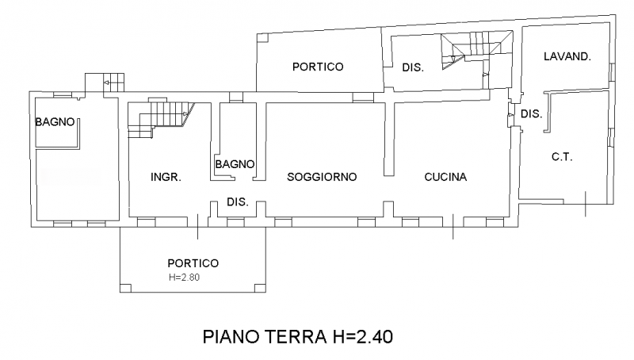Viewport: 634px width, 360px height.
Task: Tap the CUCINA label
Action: pyautogui.click(x=445, y=177)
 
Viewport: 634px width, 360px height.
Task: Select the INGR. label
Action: pyautogui.click(x=166, y=177)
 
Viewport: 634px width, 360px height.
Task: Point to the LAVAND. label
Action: pyautogui.click(x=567, y=56)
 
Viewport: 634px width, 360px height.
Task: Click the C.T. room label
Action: pyautogui.click(x=561, y=157)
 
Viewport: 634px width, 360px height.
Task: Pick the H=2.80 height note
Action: pyautogui.click(x=189, y=278)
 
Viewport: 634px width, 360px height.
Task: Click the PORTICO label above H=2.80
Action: pyautogui.click(x=193, y=263)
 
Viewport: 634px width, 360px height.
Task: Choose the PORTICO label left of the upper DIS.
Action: pyautogui.click(x=317, y=67)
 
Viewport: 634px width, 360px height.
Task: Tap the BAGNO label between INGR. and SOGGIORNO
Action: pyautogui.click(x=234, y=164)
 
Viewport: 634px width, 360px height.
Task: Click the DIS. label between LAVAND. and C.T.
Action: pyautogui.click(x=531, y=114)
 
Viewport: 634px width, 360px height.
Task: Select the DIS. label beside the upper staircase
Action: pyautogui.click(x=413, y=68)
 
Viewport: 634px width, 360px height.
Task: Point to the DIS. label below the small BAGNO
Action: pyautogui.click(x=238, y=202)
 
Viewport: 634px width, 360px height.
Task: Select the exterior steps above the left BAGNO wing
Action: pyautogui.click(x=105, y=82)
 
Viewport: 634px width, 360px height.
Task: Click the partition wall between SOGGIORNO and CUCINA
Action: pyautogui.click(x=388, y=139)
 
